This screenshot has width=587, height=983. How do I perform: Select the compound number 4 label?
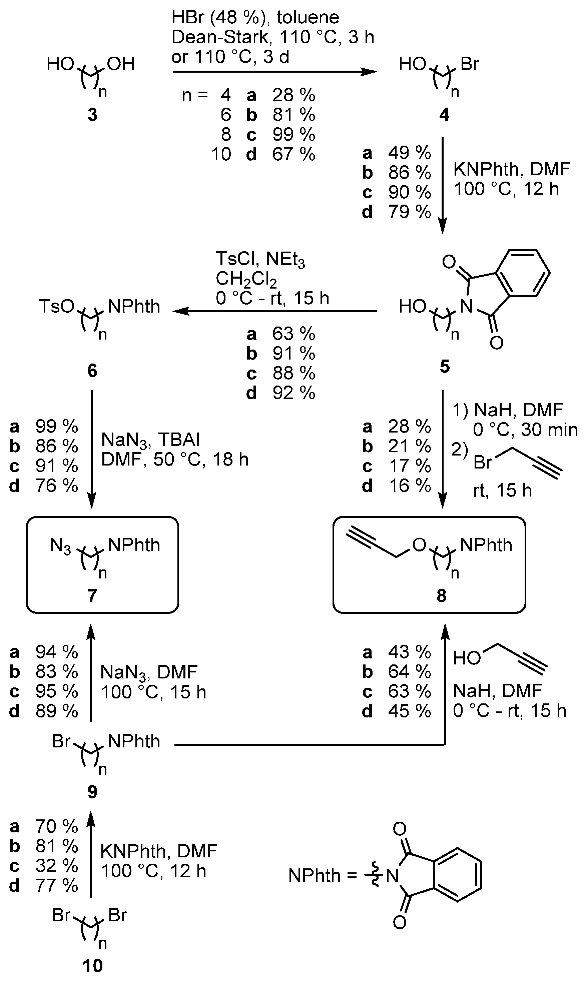[444, 115]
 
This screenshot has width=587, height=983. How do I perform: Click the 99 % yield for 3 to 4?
[293, 135]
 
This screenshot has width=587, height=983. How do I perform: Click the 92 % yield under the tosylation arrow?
[293, 393]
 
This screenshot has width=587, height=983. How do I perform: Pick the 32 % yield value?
[57, 866]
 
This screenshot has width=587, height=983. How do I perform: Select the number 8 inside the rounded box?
[442, 595]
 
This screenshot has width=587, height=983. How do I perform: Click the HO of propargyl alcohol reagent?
[467, 658]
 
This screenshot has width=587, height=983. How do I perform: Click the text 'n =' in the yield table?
[195, 95]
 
